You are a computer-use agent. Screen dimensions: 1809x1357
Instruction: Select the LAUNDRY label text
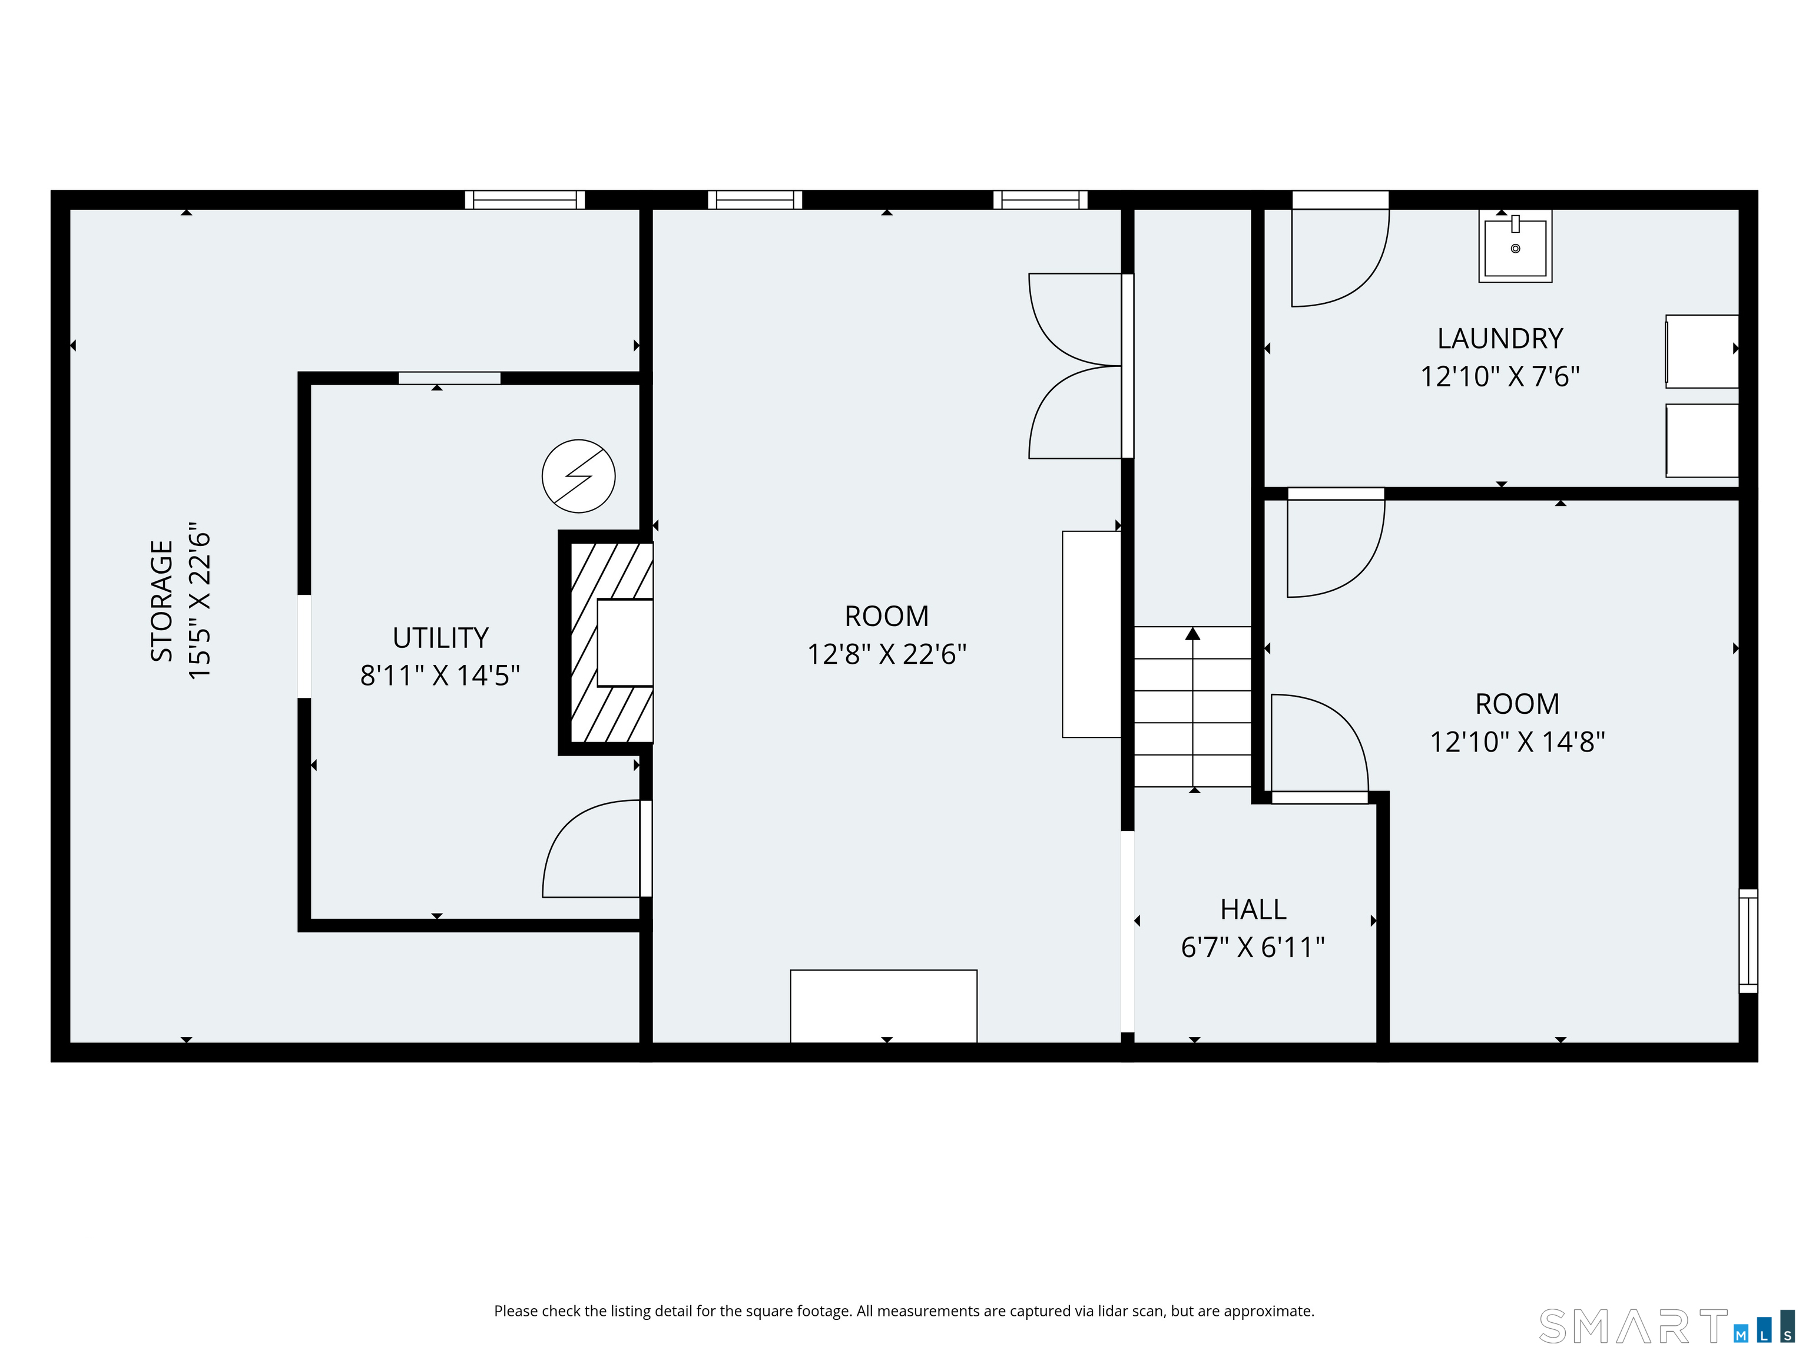1500,338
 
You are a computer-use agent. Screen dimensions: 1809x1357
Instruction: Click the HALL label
1253,909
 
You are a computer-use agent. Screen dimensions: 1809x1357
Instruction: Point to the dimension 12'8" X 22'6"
886,654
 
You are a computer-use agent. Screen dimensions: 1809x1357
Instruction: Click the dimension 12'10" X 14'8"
1517,742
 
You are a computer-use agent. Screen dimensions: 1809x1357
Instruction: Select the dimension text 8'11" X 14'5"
440,676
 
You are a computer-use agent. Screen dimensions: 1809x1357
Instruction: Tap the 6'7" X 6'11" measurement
1253,947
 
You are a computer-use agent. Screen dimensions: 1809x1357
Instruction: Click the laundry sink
1515,246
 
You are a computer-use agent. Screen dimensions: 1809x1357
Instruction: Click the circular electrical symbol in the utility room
578,476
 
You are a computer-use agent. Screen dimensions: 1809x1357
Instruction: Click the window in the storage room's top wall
525,200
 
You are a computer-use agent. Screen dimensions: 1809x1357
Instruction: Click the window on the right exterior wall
1748,941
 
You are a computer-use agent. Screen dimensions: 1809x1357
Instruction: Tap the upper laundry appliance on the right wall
1702,351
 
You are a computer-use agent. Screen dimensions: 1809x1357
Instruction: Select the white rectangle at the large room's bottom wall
883,1006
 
